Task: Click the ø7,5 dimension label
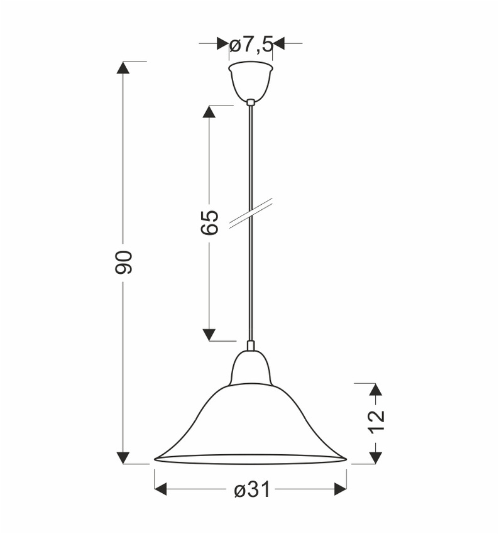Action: click(251, 44)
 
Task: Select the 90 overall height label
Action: click(124, 261)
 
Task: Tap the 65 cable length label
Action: click(210, 222)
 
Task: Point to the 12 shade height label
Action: click(375, 422)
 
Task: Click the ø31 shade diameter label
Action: click(251, 489)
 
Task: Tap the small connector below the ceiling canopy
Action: click(251, 102)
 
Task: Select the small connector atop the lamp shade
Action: click(251, 346)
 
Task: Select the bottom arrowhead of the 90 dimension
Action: click(124, 457)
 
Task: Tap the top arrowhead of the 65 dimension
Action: click(209, 111)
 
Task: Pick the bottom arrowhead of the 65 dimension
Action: click(209, 334)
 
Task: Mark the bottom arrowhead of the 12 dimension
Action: click(375, 457)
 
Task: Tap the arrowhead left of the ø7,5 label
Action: click(222, 43)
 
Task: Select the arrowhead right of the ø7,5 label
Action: click(280, 43)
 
